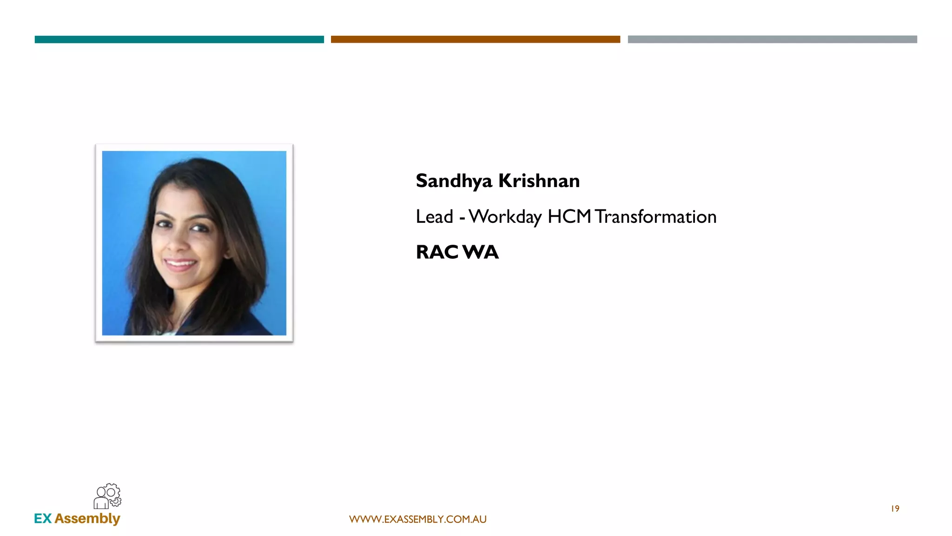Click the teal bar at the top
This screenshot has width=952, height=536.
pos(179,40)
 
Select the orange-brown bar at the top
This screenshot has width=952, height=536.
pos(475,40)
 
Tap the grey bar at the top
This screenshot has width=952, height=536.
pos(772,40)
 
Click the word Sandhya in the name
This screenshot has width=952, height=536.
pos(454,181)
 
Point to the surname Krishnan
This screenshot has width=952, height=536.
pos(539,181)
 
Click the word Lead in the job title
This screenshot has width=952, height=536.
pos(434,217)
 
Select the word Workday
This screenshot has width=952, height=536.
pos(505,217)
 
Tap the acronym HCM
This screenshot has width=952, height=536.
pos(569,217)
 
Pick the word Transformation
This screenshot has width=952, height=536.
pos(655,217)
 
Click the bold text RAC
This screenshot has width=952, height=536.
pos(437,252)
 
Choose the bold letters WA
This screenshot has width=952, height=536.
pos(480,252)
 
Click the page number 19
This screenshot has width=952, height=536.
pos(895,509)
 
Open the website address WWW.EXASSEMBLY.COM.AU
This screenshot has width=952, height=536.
pos(417,519)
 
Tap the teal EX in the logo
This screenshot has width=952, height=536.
pos(43,518)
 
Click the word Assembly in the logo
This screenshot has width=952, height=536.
pos(87,519)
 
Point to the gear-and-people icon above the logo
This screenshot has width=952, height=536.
pos(107,496)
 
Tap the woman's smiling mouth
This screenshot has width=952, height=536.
pos(180,265)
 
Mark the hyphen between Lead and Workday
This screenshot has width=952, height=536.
pos(462,218)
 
